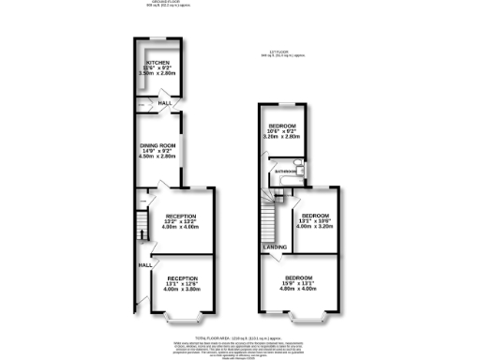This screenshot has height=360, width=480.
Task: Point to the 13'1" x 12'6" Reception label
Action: tap(183, 284)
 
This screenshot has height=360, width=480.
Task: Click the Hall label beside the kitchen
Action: tap(164, 103)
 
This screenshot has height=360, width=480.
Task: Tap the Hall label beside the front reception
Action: tap(145, 265)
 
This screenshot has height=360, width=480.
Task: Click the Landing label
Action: tap(275, 247)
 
